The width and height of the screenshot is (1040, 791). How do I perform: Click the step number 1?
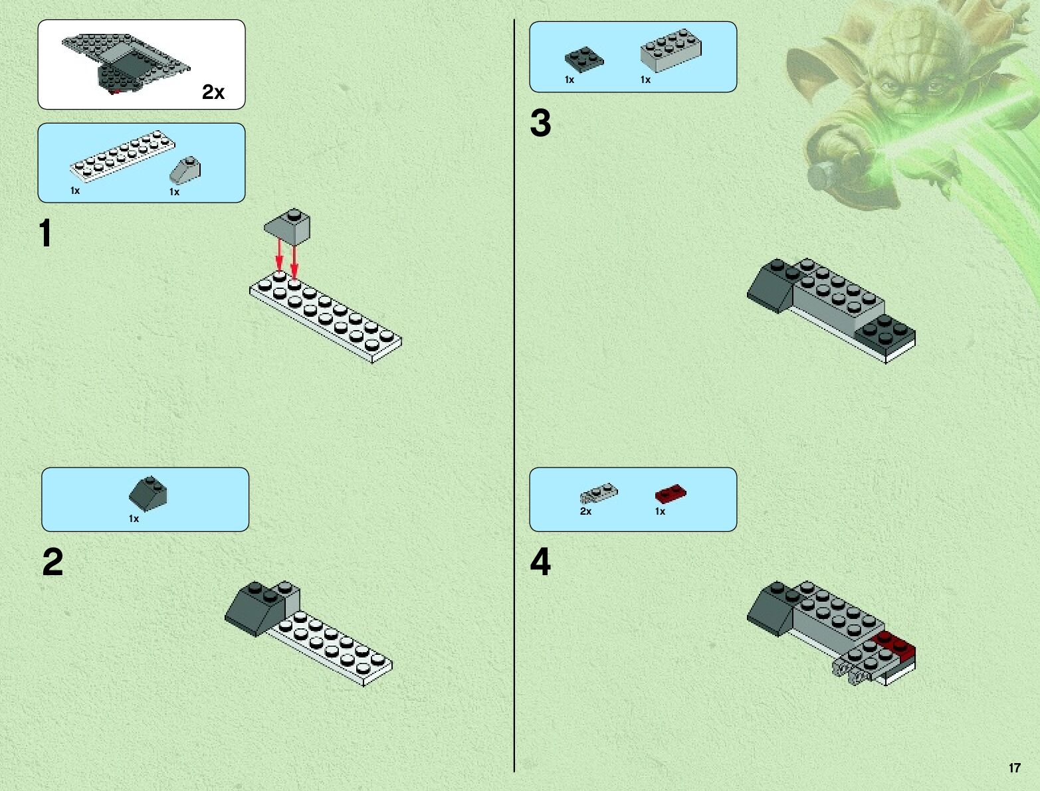45,234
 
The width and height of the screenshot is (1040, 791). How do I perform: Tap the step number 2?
52,563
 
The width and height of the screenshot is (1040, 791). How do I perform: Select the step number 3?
540,124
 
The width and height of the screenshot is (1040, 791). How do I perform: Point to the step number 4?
540,563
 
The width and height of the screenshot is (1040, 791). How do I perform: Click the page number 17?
1014,768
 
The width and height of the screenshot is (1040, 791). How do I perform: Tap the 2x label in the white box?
213,93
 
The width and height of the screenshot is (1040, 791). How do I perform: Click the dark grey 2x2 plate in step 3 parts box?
583,58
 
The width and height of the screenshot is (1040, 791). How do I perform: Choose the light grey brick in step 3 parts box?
671,50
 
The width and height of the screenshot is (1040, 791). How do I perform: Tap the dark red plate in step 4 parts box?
670,493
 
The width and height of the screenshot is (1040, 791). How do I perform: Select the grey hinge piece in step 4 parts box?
598,493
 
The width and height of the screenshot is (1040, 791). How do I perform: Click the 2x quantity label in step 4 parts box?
585,511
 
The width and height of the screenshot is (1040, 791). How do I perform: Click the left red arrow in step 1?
280,256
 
